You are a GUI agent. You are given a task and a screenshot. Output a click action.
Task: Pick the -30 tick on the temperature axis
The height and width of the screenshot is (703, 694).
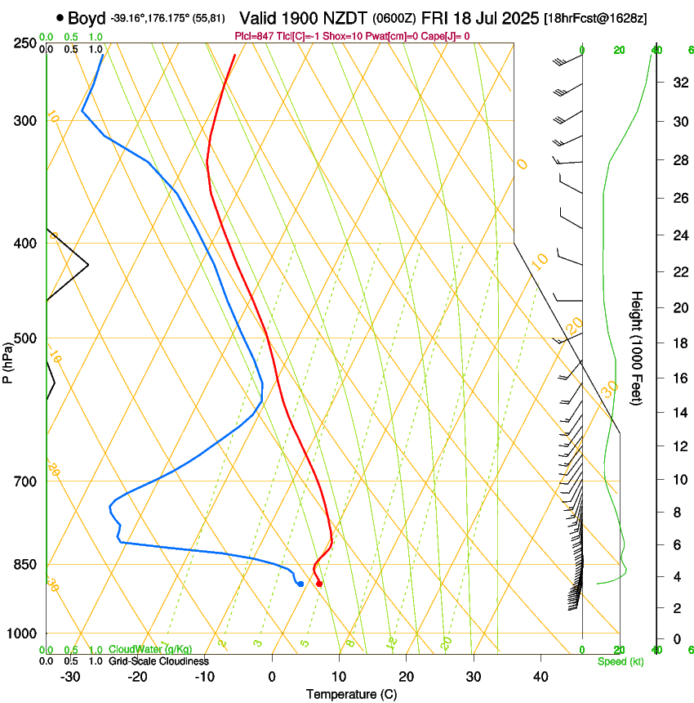(69, 677)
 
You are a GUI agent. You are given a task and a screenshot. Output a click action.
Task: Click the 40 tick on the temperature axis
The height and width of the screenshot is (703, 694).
(540, 677)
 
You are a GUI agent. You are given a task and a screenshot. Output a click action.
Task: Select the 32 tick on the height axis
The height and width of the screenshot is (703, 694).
(678, 82)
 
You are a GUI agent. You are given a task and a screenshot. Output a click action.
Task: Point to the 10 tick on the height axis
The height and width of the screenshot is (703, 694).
(678, 479)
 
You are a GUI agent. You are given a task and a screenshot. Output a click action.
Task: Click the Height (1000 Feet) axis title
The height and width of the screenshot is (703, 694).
(637, 347)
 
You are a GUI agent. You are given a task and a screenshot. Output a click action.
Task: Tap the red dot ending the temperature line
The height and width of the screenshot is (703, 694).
(319, 584)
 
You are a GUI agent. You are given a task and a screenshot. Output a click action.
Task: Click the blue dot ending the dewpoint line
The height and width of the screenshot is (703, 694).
(301, 584)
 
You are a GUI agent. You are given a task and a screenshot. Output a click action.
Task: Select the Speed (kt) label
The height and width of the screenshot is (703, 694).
(620, 660)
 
